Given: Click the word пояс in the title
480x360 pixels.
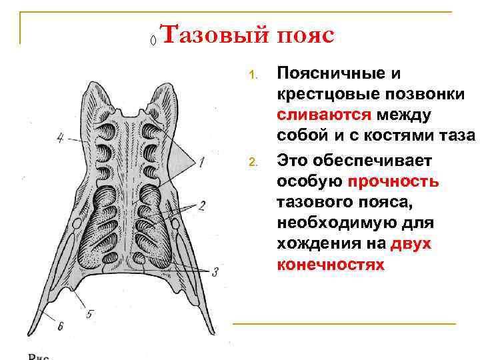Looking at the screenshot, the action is click(x=304, y=35).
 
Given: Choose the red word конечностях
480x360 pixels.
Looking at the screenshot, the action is click(x=330, y=265).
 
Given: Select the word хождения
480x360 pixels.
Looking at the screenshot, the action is click(x=313, y=244).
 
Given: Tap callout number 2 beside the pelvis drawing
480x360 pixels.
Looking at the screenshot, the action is click(x=201, y=204).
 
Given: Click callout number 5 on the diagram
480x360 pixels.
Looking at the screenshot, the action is click(x=91, y=311).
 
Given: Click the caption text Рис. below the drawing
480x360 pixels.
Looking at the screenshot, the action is click(x=39, y=355).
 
